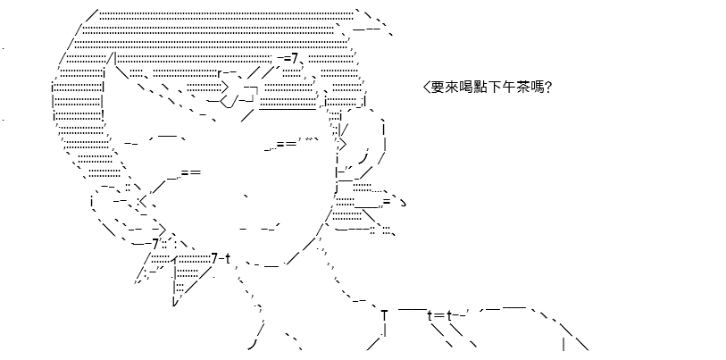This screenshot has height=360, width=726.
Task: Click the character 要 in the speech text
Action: (x=438, y=88)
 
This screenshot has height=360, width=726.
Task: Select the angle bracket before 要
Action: (x=427, y=88)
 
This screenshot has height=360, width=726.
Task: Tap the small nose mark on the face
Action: (x=246, y=197)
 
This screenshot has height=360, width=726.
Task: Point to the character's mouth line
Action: (x=259, y=228)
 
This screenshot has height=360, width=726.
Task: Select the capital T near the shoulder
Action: (x=384, y=315)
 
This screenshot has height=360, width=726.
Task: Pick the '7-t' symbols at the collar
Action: (x=221, y=259)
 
